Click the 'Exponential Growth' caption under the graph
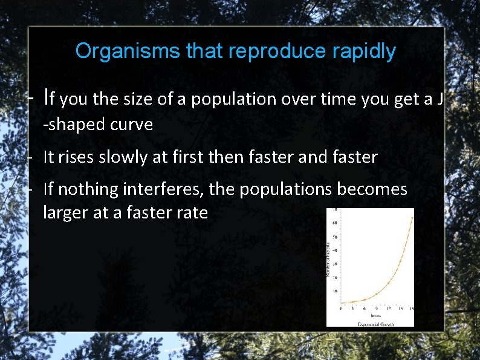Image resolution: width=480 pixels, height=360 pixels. pyautogui.click(x=375, y=324)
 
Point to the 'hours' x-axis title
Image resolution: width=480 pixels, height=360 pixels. pyautogui.click(x=375, y=315)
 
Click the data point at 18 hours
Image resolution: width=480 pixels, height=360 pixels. pyautogui.click(x=412, y=218)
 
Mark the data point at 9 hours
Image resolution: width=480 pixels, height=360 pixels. pyautogui.click(x=377, y=294)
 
